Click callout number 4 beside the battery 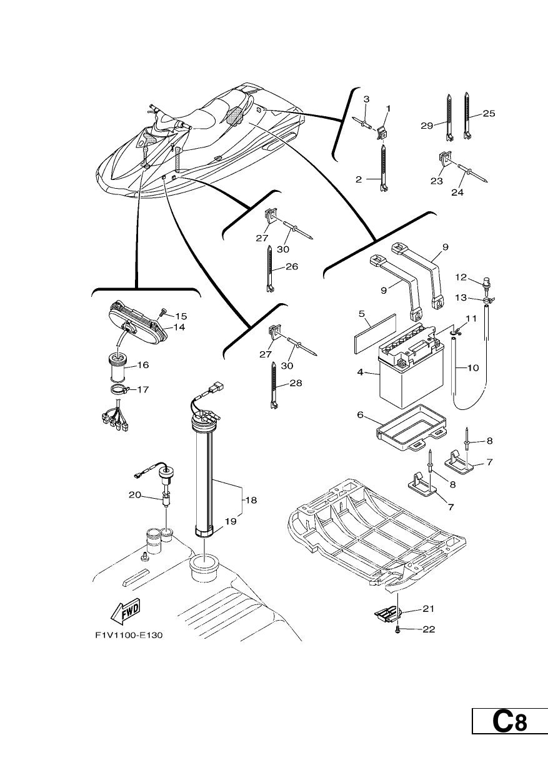(361, 372)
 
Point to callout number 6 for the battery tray (361, 414)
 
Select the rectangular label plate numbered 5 (374, 333)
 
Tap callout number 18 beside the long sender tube (252, 500)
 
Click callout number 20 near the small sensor (135, 495)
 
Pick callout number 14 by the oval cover (179, 327)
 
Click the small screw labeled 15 (162, 312)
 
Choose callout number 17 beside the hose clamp (143, 389)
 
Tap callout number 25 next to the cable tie (489, 113)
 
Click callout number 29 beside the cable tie (427, 126)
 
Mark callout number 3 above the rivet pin (366, 99)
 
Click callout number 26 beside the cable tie (292, 267)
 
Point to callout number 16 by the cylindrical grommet (143, 364)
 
